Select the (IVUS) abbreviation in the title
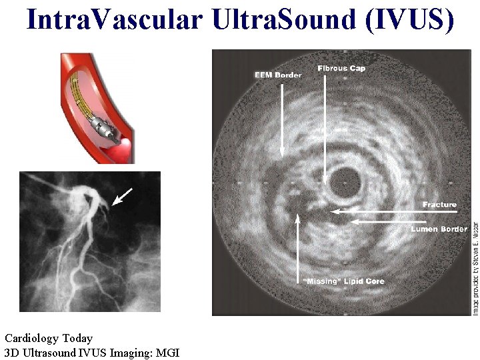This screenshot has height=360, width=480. [409, 20]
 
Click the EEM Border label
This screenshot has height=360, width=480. [278, 75]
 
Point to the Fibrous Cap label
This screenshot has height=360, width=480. [341, 68]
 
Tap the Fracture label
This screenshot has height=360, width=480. [439, 205]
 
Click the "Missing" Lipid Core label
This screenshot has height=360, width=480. [344, 281]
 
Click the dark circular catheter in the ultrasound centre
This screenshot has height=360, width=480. [345, 179]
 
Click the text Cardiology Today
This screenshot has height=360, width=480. [49, 339]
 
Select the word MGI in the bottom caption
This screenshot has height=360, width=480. [167, 353]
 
